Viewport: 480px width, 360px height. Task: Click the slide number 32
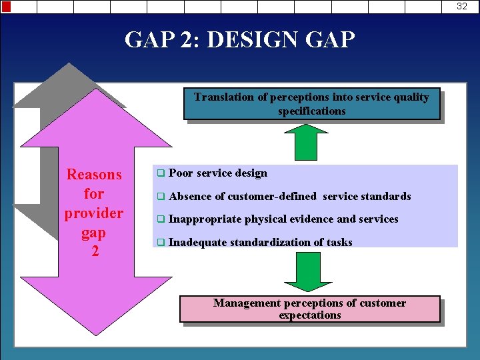pos(462,7)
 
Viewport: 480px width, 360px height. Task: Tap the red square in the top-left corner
pos(5,7)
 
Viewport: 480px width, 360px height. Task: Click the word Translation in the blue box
pos(223,97)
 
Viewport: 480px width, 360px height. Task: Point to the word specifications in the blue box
pos(312,111)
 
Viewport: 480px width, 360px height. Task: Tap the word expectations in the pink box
pos(310,315)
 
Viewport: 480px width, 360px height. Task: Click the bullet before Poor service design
pos(160,173)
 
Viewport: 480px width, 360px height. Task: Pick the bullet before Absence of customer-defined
pos(160,197)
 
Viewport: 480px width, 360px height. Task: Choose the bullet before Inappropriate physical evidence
pos(160,219)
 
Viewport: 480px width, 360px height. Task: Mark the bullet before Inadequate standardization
pos(160,243)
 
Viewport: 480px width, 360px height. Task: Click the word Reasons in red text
pos(94,175)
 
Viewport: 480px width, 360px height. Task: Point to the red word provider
pos(94,213)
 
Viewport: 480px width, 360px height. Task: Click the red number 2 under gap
pos(94,252)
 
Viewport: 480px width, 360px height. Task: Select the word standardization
pos(275,243)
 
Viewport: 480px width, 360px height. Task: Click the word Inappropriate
pos(205,219)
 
